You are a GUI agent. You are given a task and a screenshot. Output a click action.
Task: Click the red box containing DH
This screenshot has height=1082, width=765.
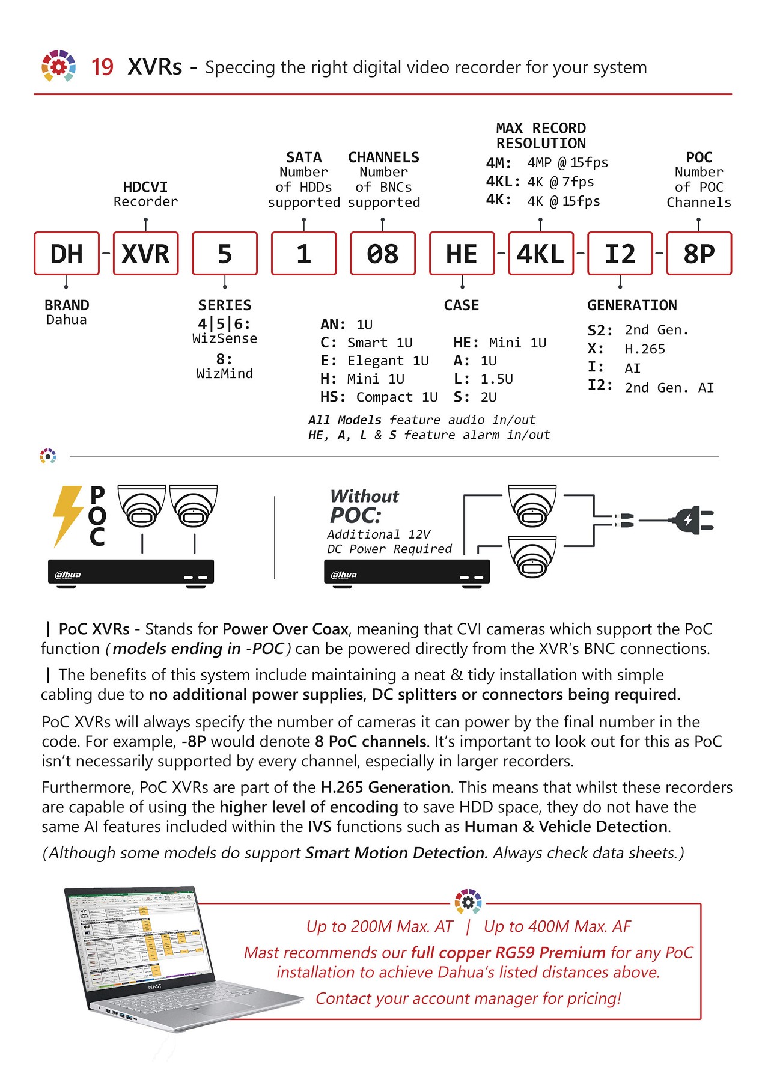(66, 254)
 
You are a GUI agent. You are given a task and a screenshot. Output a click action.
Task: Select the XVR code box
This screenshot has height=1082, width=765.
(145, 254)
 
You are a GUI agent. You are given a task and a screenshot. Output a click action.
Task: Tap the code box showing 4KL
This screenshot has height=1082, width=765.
(540, 254)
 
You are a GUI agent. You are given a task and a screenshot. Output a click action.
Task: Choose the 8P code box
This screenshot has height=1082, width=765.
(698, 254)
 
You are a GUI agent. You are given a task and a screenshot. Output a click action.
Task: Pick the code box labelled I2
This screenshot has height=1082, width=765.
(620, 254)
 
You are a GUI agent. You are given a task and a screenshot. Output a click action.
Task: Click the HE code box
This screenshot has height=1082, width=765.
(462, 254)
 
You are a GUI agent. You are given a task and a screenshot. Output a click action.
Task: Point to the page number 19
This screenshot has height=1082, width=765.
(102, 67)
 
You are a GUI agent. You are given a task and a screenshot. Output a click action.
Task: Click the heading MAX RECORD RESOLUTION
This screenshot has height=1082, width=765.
(540, 136)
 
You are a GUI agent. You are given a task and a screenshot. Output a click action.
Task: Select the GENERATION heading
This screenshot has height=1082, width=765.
(632, 305)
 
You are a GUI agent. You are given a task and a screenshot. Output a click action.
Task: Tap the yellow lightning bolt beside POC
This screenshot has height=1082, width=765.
(67, 516)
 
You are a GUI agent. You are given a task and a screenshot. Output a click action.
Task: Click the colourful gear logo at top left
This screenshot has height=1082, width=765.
(58, 66)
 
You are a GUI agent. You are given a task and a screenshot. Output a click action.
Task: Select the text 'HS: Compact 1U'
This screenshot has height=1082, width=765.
(379, 397)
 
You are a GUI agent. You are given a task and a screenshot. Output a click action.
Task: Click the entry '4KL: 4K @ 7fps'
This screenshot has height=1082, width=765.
(540, 182)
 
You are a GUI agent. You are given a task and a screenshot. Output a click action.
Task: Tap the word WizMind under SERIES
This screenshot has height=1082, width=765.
(224, 374)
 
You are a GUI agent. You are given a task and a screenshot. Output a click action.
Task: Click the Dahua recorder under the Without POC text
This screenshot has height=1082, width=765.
(406, 572)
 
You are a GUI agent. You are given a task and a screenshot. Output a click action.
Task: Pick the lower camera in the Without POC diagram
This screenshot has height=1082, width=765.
(532, 557)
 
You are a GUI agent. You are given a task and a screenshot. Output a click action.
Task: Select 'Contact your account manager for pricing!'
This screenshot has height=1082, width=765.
(468, 998)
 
